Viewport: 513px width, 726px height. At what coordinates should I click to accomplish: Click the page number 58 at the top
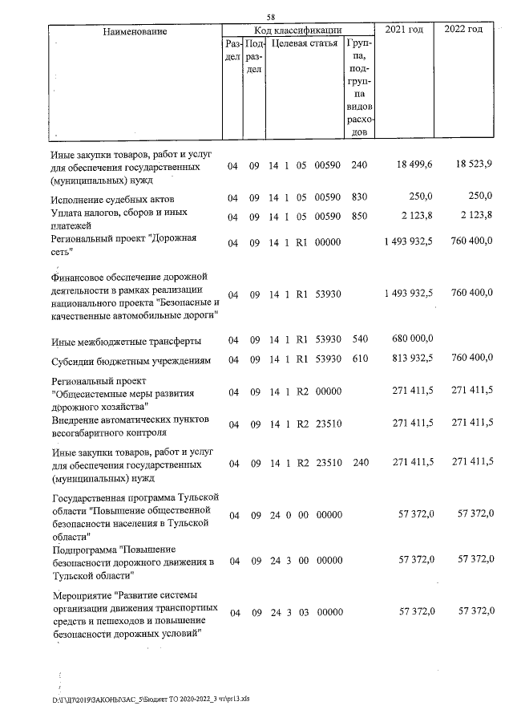coord(272,17)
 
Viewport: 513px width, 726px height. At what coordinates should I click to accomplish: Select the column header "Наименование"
coord(134,31)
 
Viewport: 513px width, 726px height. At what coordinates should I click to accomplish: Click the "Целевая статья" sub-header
coord(304,43)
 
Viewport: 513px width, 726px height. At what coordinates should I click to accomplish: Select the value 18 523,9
coord(473,164)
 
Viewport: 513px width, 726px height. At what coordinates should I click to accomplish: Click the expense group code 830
coord(358,198)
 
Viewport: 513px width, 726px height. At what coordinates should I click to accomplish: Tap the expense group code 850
coord(358,217)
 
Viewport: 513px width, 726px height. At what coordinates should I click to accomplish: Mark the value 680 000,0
coord(414,340)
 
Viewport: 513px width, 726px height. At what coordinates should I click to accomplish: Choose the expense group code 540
coord(358,340)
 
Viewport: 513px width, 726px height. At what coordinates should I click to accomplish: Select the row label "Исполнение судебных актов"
coord(112,199)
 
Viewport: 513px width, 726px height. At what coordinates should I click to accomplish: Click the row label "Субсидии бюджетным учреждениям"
coord(130,361)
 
